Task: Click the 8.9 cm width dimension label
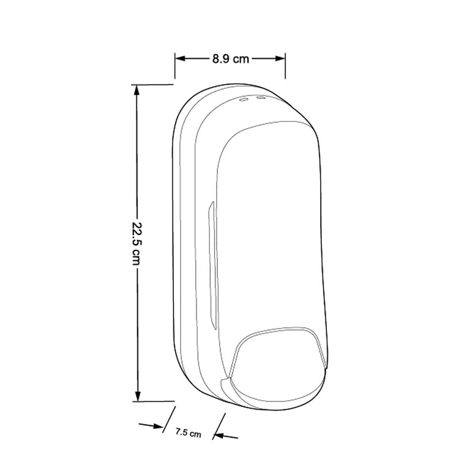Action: coord(231,59)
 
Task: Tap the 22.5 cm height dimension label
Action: coord(136,244)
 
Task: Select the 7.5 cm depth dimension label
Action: coord(188,433)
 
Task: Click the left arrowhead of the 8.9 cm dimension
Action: coord(180,59)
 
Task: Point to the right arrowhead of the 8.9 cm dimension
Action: coord(280,59)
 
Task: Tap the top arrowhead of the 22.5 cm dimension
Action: coord(136,90)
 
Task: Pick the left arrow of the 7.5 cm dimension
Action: coord(151,425)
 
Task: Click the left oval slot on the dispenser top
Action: coord(244,100)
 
